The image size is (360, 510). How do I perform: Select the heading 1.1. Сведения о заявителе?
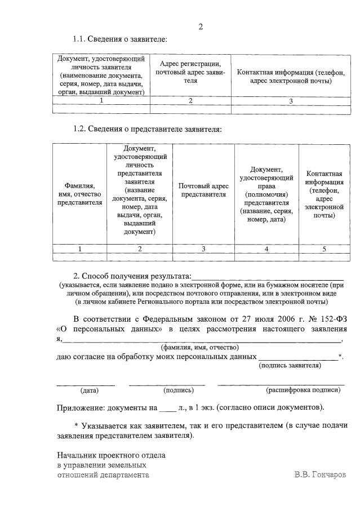point(120,39)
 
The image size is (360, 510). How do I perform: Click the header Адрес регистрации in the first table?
point(190,72)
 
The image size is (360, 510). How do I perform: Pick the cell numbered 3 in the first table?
point(291,101)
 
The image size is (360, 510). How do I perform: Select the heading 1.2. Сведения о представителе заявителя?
point(147,129)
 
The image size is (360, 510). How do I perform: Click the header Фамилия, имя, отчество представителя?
point(79,194)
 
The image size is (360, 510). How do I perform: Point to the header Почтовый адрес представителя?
point(203,190)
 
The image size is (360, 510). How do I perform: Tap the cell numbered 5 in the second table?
point(323,249)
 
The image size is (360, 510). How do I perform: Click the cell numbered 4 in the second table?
point(266,249)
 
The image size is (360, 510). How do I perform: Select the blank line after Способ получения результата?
point(267,277)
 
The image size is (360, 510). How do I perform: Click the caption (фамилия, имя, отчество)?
point(199,348)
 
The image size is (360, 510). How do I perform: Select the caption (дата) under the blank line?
point(90,390)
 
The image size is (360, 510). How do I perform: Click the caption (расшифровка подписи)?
point(303,390)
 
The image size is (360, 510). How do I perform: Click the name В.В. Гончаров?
point(320,474)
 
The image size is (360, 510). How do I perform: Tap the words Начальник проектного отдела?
point(112,455)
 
